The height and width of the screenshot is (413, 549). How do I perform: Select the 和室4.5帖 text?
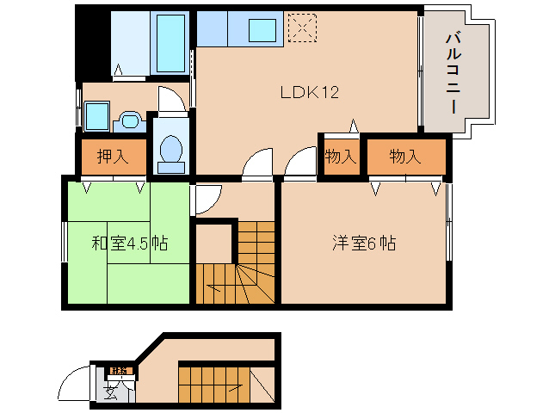click(129, 243)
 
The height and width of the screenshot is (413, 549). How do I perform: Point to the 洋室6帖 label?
click(364, 243)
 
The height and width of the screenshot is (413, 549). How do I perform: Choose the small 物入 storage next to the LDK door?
click(340, 157)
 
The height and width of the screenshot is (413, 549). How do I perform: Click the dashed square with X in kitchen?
click(301, 28)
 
